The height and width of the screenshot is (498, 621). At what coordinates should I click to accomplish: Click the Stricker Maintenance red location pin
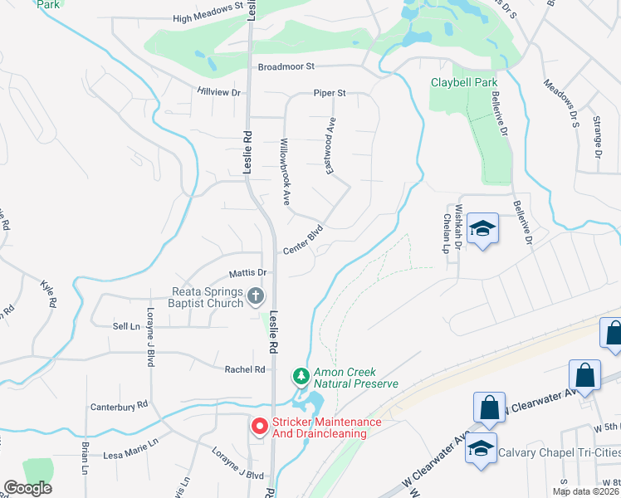[259, 427]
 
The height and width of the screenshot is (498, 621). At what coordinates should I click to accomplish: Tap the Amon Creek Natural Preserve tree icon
[301, 376]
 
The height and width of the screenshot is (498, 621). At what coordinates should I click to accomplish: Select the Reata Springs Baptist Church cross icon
[256, 295]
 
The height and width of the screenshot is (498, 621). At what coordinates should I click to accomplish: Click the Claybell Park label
[464, 82]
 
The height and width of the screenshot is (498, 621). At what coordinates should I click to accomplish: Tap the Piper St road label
[329, 93]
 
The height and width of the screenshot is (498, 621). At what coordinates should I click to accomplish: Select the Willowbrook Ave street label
[285, 171]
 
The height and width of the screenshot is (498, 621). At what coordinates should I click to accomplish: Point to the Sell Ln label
[125, 327]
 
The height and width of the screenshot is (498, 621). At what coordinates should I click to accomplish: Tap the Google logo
[27, 488]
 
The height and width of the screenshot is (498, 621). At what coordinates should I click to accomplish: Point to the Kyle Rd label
[47, 295]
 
